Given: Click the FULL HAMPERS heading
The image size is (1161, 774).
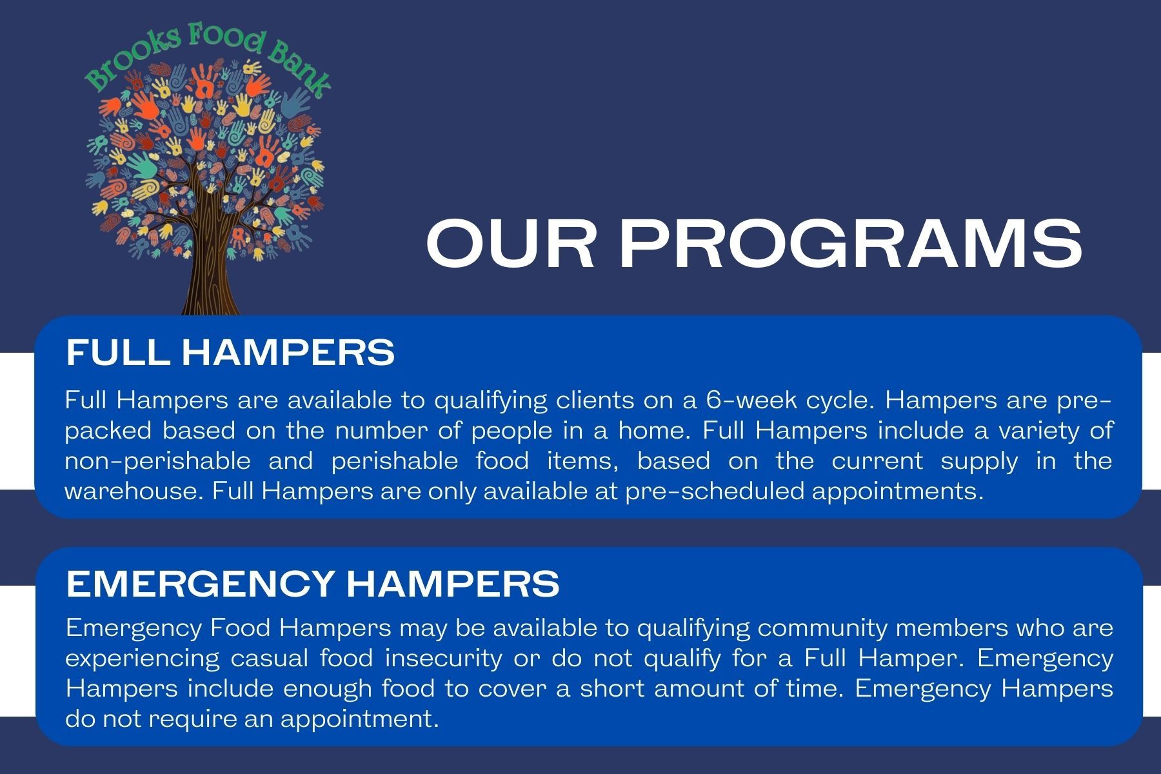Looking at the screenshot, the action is tap(230, 352).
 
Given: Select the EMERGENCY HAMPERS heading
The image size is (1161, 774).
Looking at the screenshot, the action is tap(313, 584).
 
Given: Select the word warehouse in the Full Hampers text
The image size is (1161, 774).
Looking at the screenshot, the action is tap(134, 491).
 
